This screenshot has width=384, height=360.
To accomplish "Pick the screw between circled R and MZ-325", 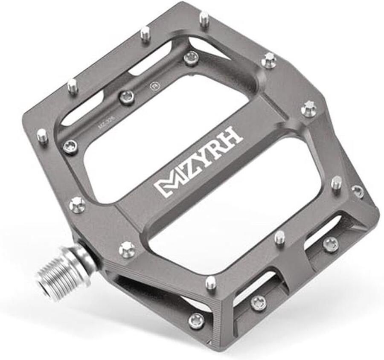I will [x=127, y=97].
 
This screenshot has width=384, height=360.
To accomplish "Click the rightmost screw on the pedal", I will [x=358, y=191].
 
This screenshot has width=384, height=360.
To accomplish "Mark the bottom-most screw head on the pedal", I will [x=197, y=320].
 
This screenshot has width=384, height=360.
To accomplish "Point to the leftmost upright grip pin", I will [x=42, y=136].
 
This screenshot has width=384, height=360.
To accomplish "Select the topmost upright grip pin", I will [x=204, y=18].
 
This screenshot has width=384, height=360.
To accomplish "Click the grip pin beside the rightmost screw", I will [x=336, y=183].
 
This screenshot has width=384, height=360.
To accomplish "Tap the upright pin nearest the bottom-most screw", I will [x=211, y=282].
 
